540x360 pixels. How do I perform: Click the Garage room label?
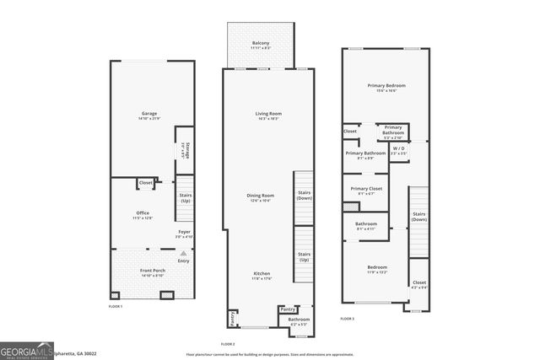149,116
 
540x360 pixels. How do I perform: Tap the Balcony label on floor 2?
262,45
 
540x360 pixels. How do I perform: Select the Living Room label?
268,116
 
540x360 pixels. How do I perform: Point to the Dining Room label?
261,197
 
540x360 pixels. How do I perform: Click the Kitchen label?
262,276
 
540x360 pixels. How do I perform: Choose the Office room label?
143,214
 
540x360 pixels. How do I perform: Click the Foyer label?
184,234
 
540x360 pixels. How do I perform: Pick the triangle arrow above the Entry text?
183,253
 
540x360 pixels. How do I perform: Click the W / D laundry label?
399,151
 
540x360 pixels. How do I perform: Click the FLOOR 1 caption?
115,306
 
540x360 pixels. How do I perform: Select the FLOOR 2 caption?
228,344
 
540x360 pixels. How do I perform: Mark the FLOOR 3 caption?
347,319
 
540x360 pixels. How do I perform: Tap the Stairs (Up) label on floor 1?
185,199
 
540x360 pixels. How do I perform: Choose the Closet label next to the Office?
145,183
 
